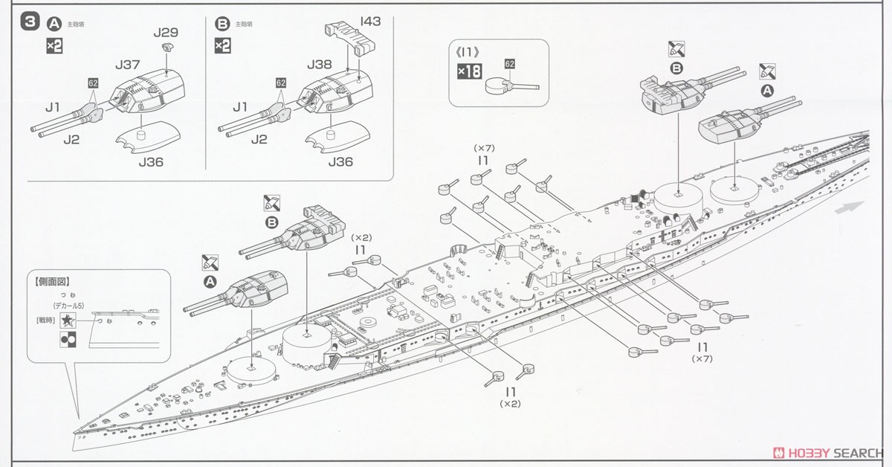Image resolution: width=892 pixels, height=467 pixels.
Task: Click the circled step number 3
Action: point(30,23)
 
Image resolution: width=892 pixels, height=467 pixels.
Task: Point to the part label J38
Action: point(320,65)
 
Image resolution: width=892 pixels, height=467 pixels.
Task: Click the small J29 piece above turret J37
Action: point(167,48)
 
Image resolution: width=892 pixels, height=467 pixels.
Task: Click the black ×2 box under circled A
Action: point(54,45)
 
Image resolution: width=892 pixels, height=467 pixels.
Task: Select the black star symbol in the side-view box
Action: point(68,321)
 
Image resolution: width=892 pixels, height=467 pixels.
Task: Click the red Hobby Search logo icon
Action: point(779,452)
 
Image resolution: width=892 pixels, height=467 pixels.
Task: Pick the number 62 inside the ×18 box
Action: point(509,64)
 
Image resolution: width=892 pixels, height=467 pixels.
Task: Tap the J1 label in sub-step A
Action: point(52,107)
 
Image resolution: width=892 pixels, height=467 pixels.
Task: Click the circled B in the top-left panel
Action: point(222,24)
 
